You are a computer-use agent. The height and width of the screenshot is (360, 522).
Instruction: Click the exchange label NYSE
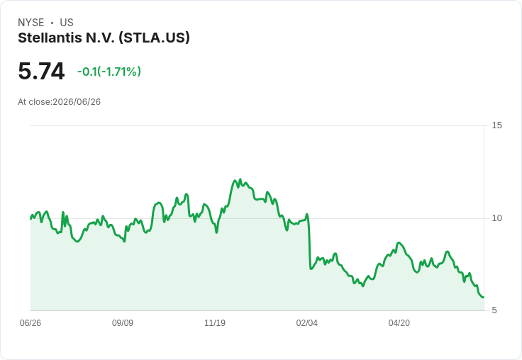(x=31, y=23)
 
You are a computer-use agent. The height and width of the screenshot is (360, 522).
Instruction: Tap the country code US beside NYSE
(x=67, y=23)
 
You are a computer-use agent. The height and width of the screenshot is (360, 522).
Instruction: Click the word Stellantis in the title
(x=50, y=38)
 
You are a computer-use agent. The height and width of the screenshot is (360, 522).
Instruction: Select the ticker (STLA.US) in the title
(x=155, y=38)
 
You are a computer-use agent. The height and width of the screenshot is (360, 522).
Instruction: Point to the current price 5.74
(x=41, y=71)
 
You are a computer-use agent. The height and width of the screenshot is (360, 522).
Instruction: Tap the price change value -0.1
(x=87, y=72)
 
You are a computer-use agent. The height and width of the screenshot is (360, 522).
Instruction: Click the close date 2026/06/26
(x=77, y=102)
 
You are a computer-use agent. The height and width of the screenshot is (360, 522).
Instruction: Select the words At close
(x=34, y=102)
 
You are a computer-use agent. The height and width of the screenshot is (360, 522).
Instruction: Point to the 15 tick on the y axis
(x=496, y=125)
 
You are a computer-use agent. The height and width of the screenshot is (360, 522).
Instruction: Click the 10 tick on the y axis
(x=496, y=218)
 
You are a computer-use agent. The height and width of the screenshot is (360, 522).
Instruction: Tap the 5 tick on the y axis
(x=494, y=310)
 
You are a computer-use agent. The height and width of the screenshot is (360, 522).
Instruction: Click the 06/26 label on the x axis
(x=30, y=322)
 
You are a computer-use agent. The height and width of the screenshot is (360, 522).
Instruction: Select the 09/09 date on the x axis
(x=123, y=322)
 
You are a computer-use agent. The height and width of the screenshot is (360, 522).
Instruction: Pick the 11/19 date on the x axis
(x=215, y=322)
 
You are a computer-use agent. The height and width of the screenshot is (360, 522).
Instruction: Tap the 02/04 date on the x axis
(x=307, y=322)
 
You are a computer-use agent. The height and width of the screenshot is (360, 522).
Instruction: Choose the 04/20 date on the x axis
(x=399, y=322)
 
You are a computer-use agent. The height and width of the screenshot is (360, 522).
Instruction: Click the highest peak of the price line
(x=240, y=179)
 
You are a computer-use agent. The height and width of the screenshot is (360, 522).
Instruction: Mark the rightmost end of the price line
(x=484, y=297)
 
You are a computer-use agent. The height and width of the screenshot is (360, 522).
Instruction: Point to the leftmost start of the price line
(x=30, y=218)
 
